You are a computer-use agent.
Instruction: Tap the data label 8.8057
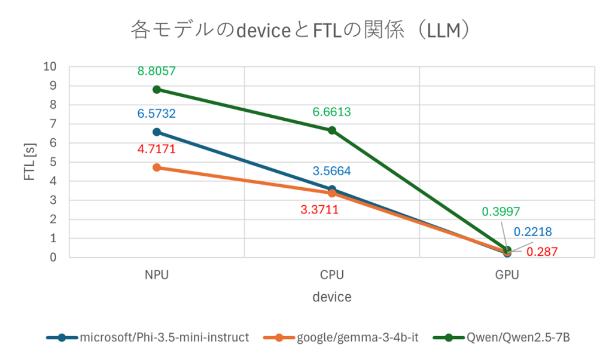point(156,71)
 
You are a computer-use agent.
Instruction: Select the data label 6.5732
point(156,113)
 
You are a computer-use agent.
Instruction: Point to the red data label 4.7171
point(156,149)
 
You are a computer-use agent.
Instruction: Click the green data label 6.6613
point(331,111)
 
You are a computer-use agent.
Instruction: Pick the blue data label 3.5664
point(331,171)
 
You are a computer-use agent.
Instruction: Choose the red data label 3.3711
point(320,209)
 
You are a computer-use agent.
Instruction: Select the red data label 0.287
point(541,252)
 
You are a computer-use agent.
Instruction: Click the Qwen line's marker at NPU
point(157,89)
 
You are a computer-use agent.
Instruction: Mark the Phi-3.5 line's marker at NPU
point(157,132)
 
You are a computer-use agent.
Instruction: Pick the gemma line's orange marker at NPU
point(157,167)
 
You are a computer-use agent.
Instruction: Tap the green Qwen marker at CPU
point(332,130)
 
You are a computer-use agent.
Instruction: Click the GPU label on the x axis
point(507,275)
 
